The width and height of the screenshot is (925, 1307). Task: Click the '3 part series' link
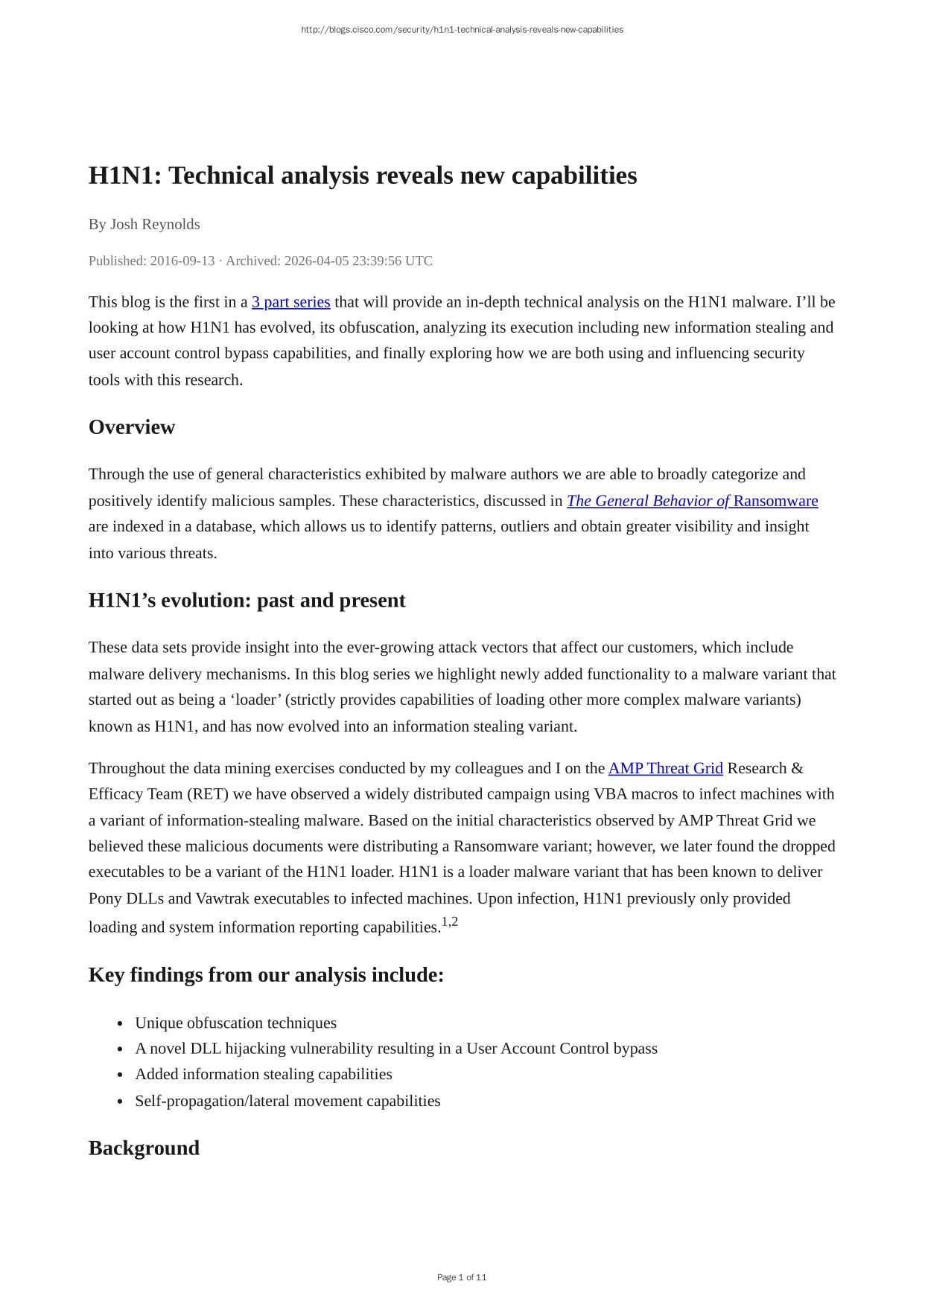pos(290,302)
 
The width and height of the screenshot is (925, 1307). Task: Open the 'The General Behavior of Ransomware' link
pos(692,501)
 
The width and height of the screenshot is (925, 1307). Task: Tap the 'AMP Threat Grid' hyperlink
pos(665,768)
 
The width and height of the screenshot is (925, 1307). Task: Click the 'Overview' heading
pos(132,427)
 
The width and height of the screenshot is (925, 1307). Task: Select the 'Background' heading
pos(144,1148)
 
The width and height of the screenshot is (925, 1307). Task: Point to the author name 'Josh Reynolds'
pos(155,224)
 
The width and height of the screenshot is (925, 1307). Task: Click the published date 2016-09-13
pos(182,261)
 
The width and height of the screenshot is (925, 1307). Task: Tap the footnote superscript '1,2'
pos(450,922)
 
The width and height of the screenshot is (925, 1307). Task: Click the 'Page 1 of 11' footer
pos(462,1277)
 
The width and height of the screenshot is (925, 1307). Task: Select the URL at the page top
pos(462,30)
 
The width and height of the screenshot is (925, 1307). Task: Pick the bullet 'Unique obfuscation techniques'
pos(235,1023)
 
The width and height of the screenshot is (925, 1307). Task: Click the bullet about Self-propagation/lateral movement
pos(287,1101)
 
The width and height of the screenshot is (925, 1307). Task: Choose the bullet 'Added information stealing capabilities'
pos(263,1074)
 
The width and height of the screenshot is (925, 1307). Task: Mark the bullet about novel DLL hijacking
pos(395,1049)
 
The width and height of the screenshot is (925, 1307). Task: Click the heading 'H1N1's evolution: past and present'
pos(247,601)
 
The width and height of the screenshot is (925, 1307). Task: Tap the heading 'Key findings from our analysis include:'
pos(266,975)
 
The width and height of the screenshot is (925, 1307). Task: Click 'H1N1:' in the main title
pos(125,176)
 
